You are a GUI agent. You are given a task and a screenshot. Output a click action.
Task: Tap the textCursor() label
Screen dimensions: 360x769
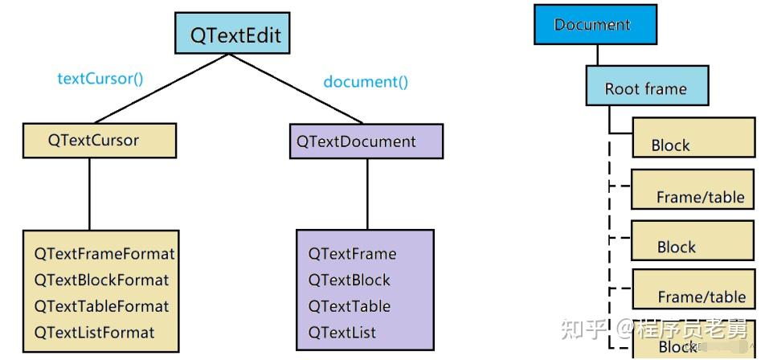coord(100,79)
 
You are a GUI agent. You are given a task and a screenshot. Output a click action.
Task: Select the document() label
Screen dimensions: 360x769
coord(366,81)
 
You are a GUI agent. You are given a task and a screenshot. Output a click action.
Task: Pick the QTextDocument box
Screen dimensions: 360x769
coord(366,141)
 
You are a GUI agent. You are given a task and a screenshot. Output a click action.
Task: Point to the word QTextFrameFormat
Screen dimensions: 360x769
coord(104,254)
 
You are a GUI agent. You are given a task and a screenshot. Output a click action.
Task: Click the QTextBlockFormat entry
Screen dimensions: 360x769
coord(101,280)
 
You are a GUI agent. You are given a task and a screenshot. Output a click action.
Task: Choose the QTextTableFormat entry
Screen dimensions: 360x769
coord(101,306)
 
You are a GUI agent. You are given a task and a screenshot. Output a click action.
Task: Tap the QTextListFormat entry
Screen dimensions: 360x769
coord(94,332)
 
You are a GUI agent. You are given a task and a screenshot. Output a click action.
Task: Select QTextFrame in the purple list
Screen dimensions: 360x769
coord(352,254)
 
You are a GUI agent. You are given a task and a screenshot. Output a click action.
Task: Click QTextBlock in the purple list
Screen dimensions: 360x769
coord(349,280)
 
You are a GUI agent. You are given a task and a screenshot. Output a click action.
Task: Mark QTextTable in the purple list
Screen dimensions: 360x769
coord(349,306)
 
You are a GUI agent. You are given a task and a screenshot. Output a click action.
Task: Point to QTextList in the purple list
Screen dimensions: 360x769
coord(342,332)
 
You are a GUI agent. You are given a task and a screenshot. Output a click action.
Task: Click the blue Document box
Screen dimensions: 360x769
coord(595,24)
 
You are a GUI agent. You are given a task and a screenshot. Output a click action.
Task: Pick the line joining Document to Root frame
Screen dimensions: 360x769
coord(598,55)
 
